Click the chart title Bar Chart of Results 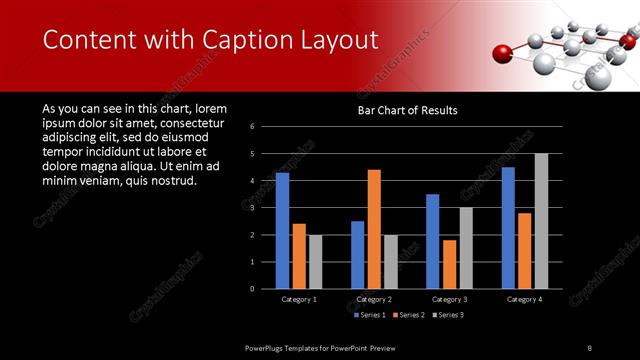(407, 111)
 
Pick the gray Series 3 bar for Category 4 (541, 220)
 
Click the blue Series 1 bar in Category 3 (432, 241)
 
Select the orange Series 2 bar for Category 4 (525, 250)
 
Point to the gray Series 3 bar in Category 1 (315, 261)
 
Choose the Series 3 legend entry (447, 316)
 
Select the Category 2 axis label (374, 299)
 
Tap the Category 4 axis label (524, 299)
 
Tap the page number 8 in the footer (590, 347)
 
